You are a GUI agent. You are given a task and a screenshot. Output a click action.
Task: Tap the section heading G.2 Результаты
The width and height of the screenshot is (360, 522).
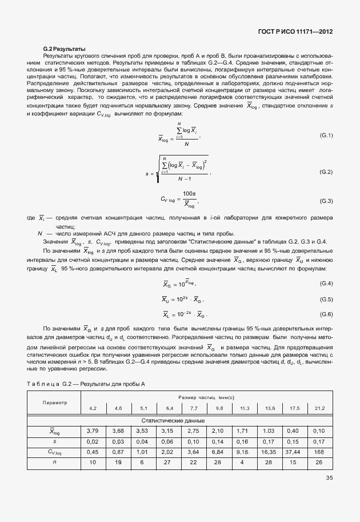pos(64,49)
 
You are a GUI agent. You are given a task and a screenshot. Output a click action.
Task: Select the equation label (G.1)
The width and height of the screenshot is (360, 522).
pos(326,135)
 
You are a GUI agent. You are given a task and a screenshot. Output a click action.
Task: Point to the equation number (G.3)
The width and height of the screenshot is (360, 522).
pos(326,201)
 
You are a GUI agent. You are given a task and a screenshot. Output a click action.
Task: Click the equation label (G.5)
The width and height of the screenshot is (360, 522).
pos(326,299)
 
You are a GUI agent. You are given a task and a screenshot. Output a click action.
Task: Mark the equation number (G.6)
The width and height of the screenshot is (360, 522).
pos(326,314)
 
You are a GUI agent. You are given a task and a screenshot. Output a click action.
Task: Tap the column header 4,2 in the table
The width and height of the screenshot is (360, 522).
pos(93,408)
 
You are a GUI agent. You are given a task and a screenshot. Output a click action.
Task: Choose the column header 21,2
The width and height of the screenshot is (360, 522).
pos(319,408)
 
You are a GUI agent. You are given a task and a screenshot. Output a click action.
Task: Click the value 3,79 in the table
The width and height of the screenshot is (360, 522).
pos(93,431)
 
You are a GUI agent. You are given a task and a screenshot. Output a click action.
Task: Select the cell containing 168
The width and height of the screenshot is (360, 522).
pos(319,451)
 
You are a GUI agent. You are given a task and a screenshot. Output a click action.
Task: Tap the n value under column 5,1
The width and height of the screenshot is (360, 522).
pos(143,462)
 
